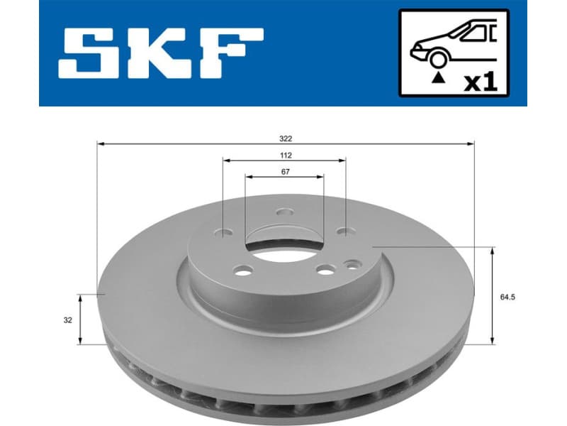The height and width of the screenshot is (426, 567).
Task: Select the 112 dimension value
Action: pyautogui.click(x=286, y=155)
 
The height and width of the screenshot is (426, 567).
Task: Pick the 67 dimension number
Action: pyautogui.click(x=284, y=171)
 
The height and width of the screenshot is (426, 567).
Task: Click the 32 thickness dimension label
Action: pyautogui.click(x=67, y=320)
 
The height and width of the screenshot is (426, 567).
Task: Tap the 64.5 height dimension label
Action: pyautogui.click(x=506, y=297)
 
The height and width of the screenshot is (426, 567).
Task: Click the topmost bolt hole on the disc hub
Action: pyautogui.click(x=284, y=212)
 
